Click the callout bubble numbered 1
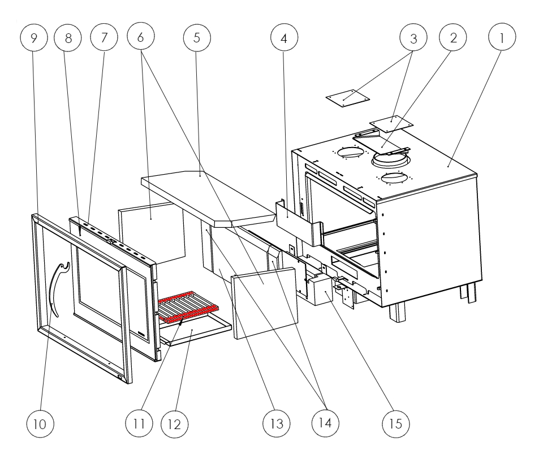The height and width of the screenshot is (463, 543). click(502, 37)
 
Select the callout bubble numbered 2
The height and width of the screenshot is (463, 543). click(453, 37)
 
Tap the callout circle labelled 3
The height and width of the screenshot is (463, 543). click(413, 38)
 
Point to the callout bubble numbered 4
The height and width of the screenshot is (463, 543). click(284, 37)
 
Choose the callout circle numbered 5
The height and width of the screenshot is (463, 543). click(197, 37)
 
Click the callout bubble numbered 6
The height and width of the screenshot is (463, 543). click(141, 36)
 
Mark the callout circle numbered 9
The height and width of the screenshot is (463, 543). click(33, 37)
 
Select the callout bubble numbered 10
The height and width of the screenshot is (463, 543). click(40, 423)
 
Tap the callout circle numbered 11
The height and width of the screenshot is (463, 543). click(139, 423)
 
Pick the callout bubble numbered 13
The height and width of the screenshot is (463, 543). click(277, 423)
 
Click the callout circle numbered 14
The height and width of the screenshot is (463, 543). click(325, 422)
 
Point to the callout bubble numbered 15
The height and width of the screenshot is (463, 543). click(396, 423)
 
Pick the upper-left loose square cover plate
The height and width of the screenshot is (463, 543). click(347, 98)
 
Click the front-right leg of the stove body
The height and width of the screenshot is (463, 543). click(397, 312)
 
